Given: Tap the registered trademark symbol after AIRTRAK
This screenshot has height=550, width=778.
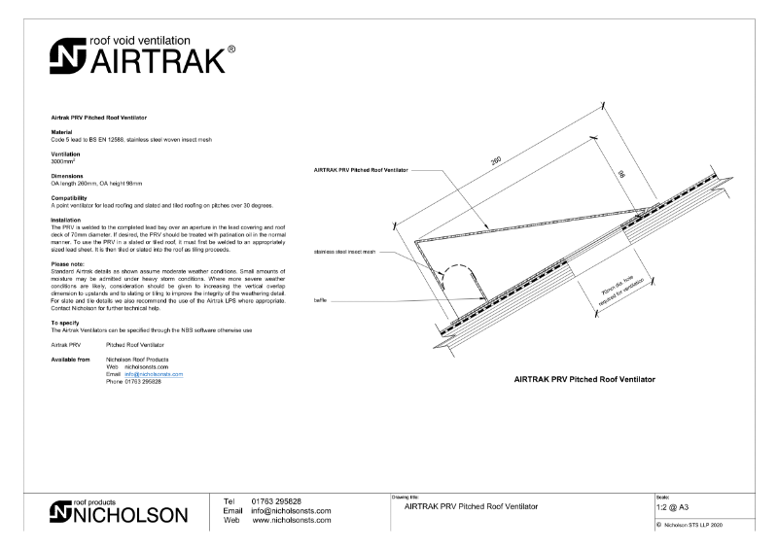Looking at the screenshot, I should [x=230, y=49].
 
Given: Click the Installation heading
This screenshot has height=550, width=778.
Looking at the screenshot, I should [x=68, y=220].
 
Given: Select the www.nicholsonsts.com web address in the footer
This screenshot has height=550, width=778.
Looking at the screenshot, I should [x=291, y=520].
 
